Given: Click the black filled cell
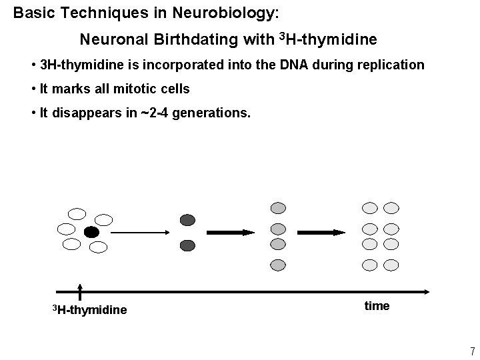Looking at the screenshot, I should (x=91, y=232).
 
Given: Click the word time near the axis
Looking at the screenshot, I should (x=377, y=306).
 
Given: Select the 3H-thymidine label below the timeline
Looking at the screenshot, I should (x=89, y=309).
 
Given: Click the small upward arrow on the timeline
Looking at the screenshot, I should (x=80, y=291).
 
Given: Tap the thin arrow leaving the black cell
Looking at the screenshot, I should (x=140, y=232).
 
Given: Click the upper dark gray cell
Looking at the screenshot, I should (x=188, y=220).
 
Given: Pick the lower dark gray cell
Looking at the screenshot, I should (x=188, y=245).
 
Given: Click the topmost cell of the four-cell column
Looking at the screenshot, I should (x=278, y=208).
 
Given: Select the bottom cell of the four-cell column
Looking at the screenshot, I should (x=278, y=265).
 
